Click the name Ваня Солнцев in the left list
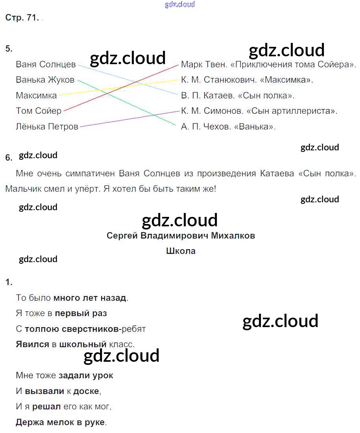(x=46, y=64)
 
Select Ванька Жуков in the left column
(x=45, y=80)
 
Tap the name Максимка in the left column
(x=36, y=95)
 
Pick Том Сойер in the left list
(x=39, y=111)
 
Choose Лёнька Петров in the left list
(x=47, y=127)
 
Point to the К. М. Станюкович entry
(x=247, y=80)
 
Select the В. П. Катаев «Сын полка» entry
(x=238, y=95)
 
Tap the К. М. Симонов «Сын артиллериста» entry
(x=259, y=111)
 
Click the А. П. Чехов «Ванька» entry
(x=228, y=127)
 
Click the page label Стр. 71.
(x=22, y=18)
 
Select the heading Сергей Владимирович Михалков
(x=181, y=235)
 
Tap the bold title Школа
(x=181, y=251)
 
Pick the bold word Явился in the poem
(x=32, y=344)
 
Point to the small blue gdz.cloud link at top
(x=180, y=5)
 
